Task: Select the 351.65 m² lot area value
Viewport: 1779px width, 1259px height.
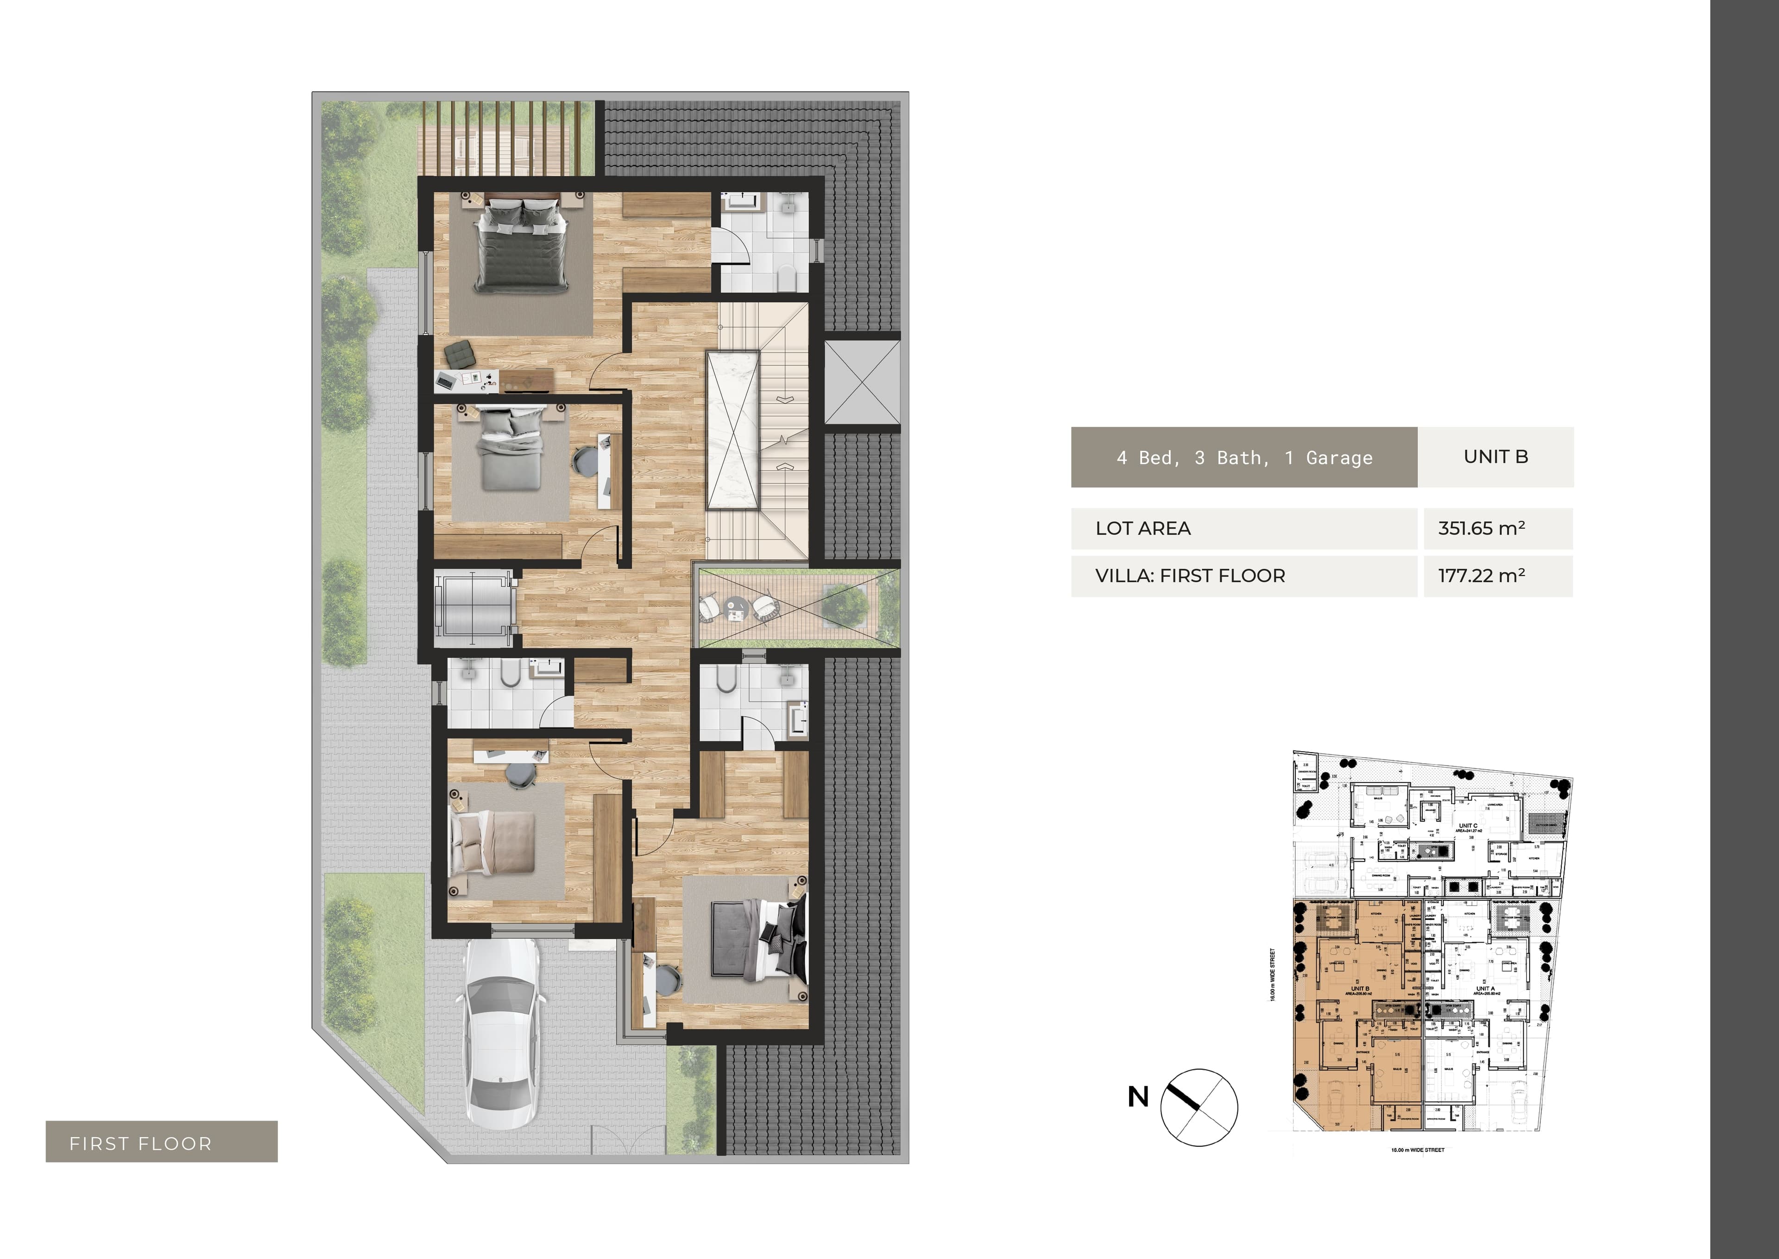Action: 1481,529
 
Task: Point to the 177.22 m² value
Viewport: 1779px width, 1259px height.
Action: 1481,576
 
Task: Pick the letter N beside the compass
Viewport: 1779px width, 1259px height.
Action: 1137,1097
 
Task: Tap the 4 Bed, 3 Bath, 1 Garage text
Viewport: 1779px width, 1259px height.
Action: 1243,457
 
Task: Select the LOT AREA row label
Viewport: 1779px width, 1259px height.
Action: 1142,529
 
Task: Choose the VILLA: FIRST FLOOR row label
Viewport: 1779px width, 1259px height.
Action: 1189,576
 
